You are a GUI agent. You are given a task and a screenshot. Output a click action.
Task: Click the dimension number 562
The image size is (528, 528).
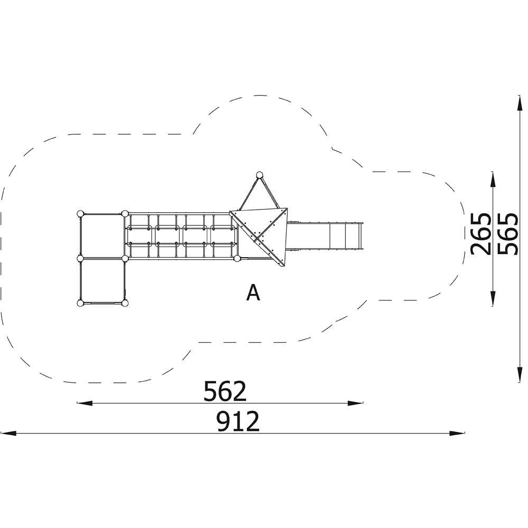coord(225,391)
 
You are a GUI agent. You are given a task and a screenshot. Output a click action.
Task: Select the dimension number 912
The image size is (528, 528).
coord(238,421)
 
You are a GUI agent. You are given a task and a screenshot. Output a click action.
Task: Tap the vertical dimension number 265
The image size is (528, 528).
coord(480,234)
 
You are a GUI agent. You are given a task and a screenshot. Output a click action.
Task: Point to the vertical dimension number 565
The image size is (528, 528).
coord(507,234)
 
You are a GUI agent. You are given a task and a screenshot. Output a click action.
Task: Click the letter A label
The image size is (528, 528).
coord(253,293)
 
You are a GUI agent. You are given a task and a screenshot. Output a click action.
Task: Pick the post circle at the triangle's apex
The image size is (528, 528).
coord(259,175)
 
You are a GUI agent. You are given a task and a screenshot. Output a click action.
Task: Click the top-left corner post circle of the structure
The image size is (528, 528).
coord(80,213)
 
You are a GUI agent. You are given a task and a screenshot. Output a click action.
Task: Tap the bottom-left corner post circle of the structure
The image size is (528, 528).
coord(80,304)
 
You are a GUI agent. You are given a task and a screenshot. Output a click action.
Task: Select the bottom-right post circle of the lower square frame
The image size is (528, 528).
coord(125,304)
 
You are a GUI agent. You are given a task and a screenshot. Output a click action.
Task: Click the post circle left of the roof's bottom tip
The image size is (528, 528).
coord(237,259)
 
